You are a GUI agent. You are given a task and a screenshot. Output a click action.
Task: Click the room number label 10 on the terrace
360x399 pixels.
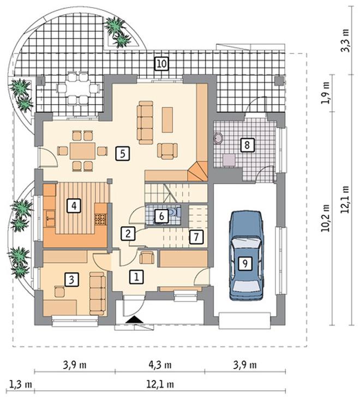tap(161, 63)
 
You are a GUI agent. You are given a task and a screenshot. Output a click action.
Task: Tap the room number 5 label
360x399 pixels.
tap(123, 154)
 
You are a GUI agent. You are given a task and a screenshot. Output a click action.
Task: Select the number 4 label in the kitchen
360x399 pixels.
tap(74, 205)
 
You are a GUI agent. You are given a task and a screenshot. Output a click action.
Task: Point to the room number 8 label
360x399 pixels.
tap(247, 145)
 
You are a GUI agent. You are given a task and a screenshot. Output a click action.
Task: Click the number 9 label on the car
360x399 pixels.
tap(245, 263)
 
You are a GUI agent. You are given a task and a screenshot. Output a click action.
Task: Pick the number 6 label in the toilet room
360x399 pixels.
tap(161, 216)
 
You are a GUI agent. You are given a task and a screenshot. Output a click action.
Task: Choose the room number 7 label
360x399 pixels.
tap(196, 237)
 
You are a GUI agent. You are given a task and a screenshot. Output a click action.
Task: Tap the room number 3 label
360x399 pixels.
tap(71, 280)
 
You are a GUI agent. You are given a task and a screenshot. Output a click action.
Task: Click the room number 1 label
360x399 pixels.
tap(136, 276)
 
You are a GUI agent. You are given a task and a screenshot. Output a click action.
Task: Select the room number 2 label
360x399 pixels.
tap(128, 233)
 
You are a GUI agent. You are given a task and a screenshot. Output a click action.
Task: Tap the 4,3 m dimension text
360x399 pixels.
tap(160, 365)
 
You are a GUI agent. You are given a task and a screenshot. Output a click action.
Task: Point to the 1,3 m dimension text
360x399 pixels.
tap(21, 384)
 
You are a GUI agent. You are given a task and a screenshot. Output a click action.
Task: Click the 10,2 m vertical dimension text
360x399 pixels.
tap(326, 218)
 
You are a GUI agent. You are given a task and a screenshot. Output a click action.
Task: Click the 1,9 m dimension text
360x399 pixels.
tap(326, 93)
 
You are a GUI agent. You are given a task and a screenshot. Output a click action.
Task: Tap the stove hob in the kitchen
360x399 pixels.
tap(100, 219)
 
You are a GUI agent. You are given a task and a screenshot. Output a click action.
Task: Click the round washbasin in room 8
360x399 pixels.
tap(218, 138)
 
